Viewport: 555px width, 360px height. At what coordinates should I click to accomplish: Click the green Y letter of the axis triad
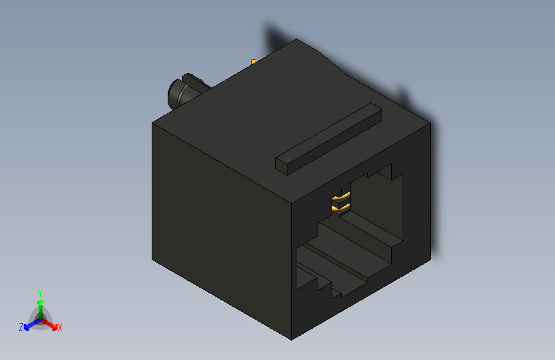pos(40,292)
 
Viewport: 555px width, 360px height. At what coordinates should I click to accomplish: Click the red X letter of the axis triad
pos(60,327)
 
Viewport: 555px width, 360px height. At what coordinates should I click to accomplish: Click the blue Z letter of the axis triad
pos(21,327)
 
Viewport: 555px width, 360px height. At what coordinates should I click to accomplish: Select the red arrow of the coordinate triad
pos(51,323)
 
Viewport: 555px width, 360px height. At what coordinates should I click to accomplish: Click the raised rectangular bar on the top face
pos(328,137)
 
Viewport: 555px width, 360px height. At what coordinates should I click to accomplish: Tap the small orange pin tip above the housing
pos(254,62)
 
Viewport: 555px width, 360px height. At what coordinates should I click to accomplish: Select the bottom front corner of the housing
pos(292,339)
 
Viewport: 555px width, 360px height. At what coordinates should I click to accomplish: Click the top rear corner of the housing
pos(297,40)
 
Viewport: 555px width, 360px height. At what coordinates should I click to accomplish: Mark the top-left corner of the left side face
pos(152,122)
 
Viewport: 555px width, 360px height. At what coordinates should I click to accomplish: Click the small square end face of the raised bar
pos(282,163)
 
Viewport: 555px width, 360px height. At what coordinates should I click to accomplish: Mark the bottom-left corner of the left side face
pos(152,260)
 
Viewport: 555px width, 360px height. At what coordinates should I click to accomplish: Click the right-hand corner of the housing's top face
pos(430,122)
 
